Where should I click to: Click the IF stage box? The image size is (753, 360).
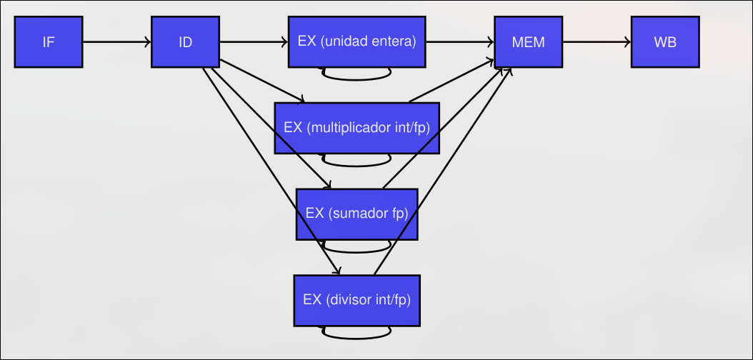tap(49, 42)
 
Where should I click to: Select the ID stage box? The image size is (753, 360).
tap(185, 42)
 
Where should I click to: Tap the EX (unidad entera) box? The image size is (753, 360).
tap(356, 41)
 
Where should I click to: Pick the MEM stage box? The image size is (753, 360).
tap(528, 42)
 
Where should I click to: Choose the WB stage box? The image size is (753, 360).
tap(665, 42)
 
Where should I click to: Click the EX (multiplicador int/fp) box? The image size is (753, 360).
tap(356, 128)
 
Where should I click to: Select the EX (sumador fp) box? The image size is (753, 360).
tap(356, 214)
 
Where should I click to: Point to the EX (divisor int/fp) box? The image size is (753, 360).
tap(356, 299)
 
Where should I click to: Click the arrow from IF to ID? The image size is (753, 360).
tap(116, 42)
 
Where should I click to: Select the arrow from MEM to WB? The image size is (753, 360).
tap(597, 42)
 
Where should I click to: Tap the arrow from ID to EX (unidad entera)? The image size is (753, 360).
tap(253, 42)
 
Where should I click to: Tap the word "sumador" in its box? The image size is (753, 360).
tap(359, 214)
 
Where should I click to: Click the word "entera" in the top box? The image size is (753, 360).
tap(394, 41)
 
